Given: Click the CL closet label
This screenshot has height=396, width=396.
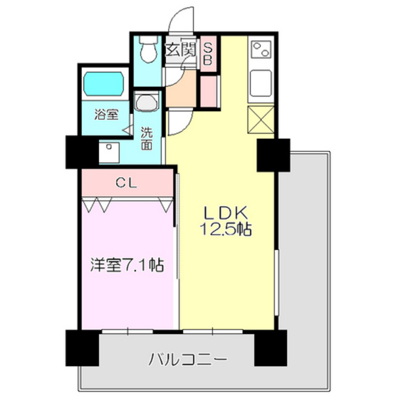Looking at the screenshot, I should (x=127, y=183).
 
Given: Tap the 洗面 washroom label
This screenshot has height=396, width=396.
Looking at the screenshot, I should (x=147, y=139).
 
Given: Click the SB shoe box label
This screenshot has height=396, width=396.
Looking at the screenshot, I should (x=208, y=53).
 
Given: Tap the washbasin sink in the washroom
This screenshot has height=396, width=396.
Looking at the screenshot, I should (x=147, y=101).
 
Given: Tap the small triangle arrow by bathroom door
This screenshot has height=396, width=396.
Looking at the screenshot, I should (x=127, y=131).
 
